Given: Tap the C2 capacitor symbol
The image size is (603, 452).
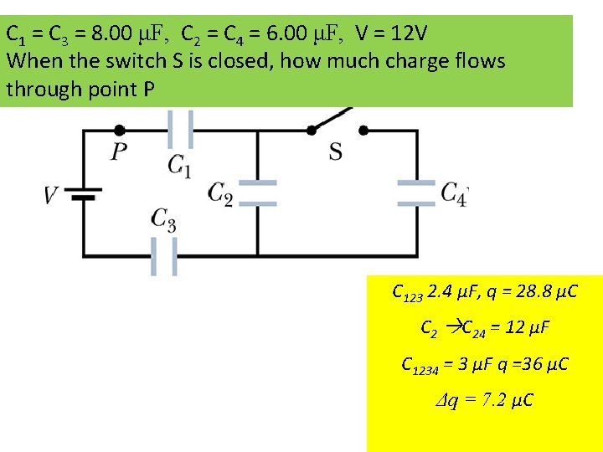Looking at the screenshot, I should [256, 193].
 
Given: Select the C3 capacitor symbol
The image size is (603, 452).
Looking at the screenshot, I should [164, 255].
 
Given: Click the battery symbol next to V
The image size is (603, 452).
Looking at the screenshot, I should [83, 194].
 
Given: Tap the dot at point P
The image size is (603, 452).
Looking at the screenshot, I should [120, 130].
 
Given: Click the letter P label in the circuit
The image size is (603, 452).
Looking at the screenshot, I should [119, 152].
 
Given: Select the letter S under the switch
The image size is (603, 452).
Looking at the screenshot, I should [335, 152].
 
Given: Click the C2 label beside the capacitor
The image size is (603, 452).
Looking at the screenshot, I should [220, 194].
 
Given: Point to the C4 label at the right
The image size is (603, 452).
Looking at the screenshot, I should [454, 193].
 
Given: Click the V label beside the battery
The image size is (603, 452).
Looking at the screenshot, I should [51, 195].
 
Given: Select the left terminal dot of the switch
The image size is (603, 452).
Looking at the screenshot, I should [311, 130].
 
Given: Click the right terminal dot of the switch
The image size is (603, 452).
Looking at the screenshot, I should [363, 130].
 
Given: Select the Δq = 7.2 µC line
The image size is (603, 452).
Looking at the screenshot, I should [485, 401].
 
